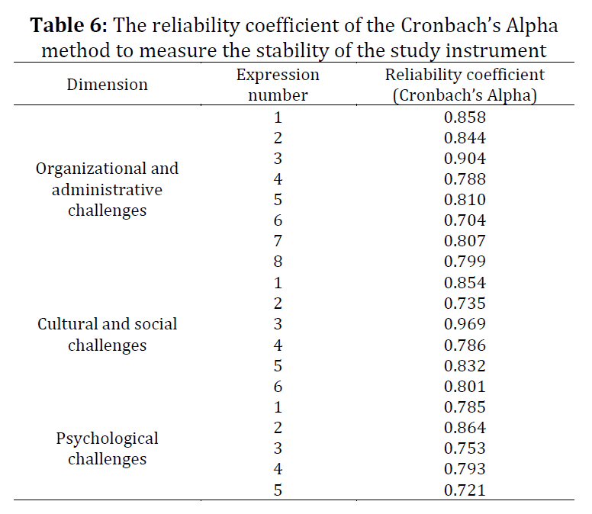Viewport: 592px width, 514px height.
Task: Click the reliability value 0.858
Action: click(465, 117)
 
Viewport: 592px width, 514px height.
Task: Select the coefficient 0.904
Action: click(465, 159)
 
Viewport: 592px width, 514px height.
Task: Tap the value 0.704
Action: click(465, 220)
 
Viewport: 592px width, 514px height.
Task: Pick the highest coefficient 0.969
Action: click(465, 324)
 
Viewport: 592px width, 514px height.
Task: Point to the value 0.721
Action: click(465, 490)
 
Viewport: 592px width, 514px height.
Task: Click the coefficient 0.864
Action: click(465, 428)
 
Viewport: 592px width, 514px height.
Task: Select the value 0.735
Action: click(465, 304)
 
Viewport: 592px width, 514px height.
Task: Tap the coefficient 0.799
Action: click(465, 262)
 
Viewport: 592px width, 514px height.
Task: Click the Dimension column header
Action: click(108, 85)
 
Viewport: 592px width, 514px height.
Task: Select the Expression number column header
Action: click(278, 85)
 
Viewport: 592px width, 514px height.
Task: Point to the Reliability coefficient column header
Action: click(465, 85)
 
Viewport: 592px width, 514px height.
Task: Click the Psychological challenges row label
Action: click(108, 448)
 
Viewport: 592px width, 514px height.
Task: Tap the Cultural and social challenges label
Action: click(108, 335)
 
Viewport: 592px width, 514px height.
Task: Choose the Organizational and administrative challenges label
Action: click(108, 190)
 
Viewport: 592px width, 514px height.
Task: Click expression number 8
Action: click(278, 262)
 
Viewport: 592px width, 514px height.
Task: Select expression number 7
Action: click(278, 241)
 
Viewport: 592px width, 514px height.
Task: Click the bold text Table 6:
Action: click(69, 26)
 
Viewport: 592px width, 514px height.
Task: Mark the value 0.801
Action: click(465, 387)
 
